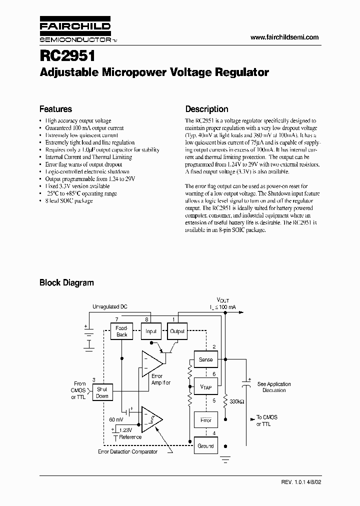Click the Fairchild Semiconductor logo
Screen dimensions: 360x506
[75, 31]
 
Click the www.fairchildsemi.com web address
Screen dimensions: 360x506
[283, 37]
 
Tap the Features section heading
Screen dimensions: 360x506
[55, 109]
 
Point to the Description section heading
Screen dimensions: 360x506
[206, 109]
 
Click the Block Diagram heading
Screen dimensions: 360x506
[66, 282]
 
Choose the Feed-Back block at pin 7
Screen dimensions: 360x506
[122, 331]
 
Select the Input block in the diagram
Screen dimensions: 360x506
[151, 331]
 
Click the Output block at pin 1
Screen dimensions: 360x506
[177, 331]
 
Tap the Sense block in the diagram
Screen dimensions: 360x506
[205, 359]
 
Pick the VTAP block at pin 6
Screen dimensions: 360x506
[205, 386]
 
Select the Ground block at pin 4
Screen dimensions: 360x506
[205, 446]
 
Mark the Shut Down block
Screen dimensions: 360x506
[102, 392]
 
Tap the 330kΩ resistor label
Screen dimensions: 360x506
[236, 401]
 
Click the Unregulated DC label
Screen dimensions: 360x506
[109, 306]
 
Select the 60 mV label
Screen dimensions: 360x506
[116, 419]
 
